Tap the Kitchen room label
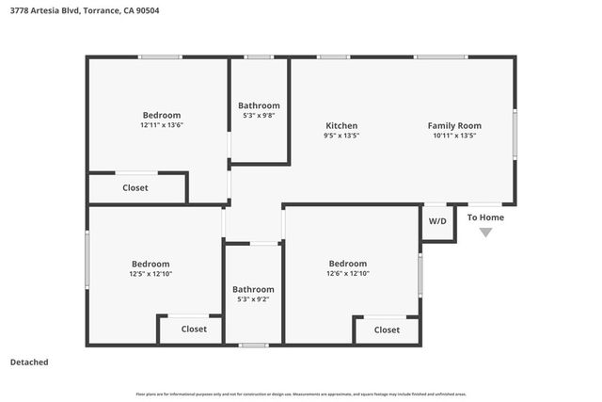point(341,125)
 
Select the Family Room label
point(454,125)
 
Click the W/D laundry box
point(438,221)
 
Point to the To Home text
point(485,217)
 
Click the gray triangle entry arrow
point(485,233)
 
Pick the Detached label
point(29,362)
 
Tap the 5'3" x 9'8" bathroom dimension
point(259,116)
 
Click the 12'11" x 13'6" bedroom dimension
point(161,125)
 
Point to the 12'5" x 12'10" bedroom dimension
point(150,274)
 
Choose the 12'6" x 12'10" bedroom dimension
point(347,274)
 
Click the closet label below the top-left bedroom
point(135,188)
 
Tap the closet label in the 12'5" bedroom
point(194,330)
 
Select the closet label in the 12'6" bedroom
point(387,330)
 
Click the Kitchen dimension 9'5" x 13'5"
point(341,136)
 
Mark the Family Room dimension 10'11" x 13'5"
point(454,136)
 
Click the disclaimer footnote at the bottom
point(300,394)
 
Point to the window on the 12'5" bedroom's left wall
point(87,260)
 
